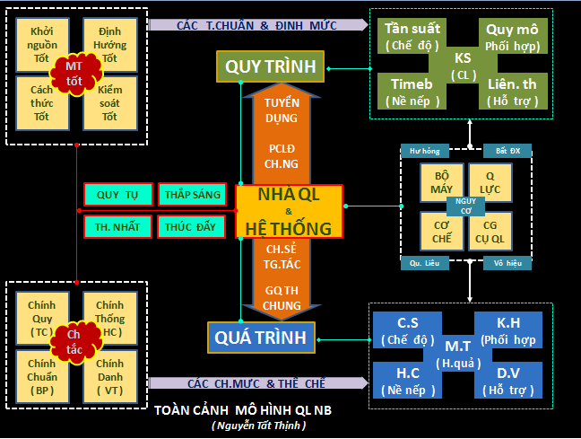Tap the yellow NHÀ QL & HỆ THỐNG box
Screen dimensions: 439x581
289,211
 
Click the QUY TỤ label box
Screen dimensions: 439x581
117,194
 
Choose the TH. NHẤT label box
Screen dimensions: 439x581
117,226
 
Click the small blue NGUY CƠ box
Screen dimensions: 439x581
465,206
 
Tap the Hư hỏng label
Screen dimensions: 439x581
424,150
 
